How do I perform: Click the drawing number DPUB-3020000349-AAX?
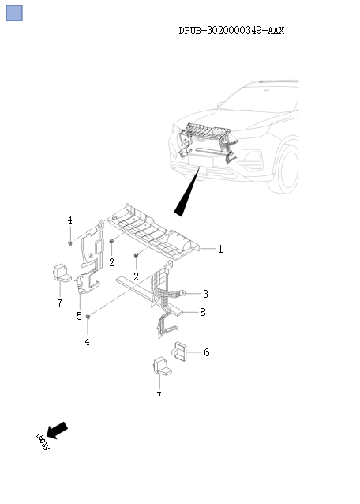[231, 30]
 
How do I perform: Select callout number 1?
[220, 249]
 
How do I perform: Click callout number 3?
[205, 293]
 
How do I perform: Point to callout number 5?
[79, 316]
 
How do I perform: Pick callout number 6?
[207, 352]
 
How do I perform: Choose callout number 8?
[203, 313]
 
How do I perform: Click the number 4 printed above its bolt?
[69, 220]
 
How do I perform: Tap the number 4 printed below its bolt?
[88, 341]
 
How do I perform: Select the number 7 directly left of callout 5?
[59, 304]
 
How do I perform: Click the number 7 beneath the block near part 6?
[159, 395]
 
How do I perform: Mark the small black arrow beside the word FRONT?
[58, 430]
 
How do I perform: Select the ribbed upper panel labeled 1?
[154, 229]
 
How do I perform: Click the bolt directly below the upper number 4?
[71, 242]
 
